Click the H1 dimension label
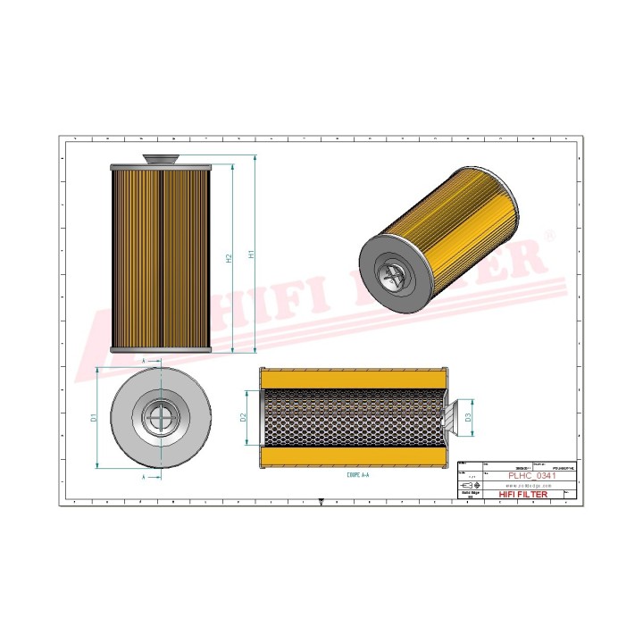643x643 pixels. [252, 255]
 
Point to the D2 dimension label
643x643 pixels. [243, 417]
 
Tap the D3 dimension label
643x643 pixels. [468, 417]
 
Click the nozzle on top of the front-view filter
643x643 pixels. [161, 159]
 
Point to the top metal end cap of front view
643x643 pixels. [161, 168]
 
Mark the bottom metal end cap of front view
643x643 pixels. [161, 349]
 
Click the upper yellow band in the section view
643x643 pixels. [353, 378]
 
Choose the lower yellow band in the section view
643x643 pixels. [353, 457]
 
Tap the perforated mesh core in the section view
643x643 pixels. [353, 417]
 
